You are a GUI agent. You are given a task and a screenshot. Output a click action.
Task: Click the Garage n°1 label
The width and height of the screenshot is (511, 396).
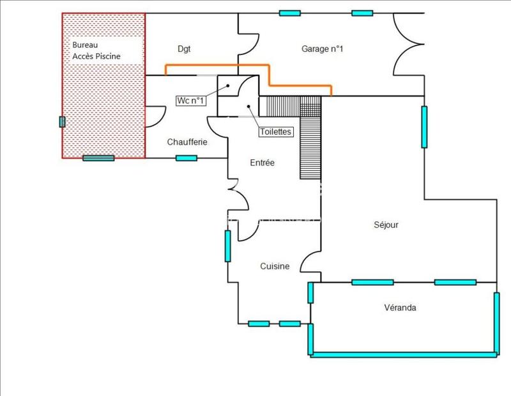323,49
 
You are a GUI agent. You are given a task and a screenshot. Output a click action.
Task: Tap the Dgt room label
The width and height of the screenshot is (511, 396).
184,49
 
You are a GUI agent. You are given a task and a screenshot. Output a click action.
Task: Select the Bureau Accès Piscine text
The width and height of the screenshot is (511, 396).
96,51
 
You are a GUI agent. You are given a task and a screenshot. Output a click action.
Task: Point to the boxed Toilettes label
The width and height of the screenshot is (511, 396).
275,132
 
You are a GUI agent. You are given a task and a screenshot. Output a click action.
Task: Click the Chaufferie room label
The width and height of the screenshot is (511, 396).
187,142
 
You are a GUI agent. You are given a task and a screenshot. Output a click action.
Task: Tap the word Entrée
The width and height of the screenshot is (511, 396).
262,163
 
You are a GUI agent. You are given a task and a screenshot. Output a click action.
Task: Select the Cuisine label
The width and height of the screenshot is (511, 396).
275,266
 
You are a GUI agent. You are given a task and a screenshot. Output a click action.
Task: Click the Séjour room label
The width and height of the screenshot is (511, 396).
386,225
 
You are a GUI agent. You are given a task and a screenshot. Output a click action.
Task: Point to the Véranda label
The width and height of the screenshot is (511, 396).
401,308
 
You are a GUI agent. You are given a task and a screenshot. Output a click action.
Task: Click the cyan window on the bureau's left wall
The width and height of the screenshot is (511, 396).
62,122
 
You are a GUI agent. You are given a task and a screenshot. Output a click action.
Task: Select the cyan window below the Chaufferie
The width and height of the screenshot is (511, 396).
187,158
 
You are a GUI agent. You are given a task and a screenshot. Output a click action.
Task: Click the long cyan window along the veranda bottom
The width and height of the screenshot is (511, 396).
404,353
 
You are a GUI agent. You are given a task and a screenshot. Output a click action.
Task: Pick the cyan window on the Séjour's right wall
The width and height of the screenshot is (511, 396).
423,127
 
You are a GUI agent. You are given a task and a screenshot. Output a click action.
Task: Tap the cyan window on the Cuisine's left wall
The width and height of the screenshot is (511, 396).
227,246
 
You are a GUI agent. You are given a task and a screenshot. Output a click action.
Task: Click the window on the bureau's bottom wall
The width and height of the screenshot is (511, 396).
98,158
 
